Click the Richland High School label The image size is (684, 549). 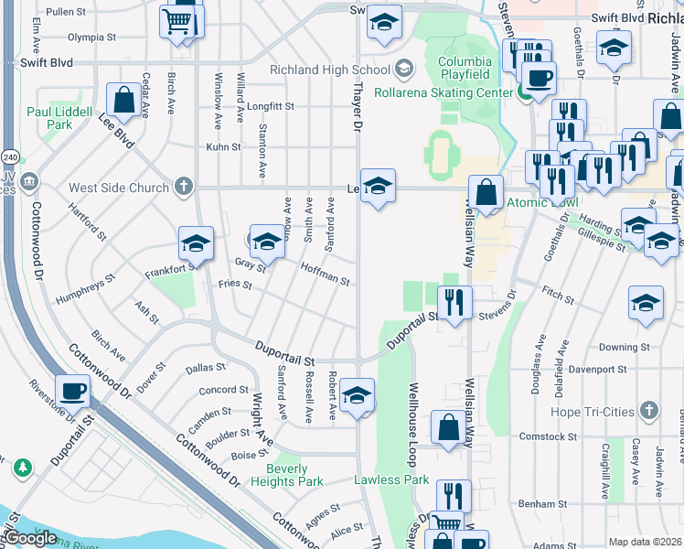click(329, 70)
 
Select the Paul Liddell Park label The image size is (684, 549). click(60, 118)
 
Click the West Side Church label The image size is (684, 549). click(119, 188)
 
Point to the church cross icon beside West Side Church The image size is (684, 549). click(184, 188)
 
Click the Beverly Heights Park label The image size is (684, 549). click(287, 475)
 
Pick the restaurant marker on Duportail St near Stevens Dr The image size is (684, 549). click(454, 301)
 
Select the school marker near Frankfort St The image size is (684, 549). click(196, 243)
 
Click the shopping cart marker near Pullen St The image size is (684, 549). click(176, 21)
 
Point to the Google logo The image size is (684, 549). click(29, 538)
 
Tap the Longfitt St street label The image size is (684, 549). click(270, 106)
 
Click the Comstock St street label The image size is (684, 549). click(542, 437)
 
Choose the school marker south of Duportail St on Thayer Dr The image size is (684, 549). click(357, 395)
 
